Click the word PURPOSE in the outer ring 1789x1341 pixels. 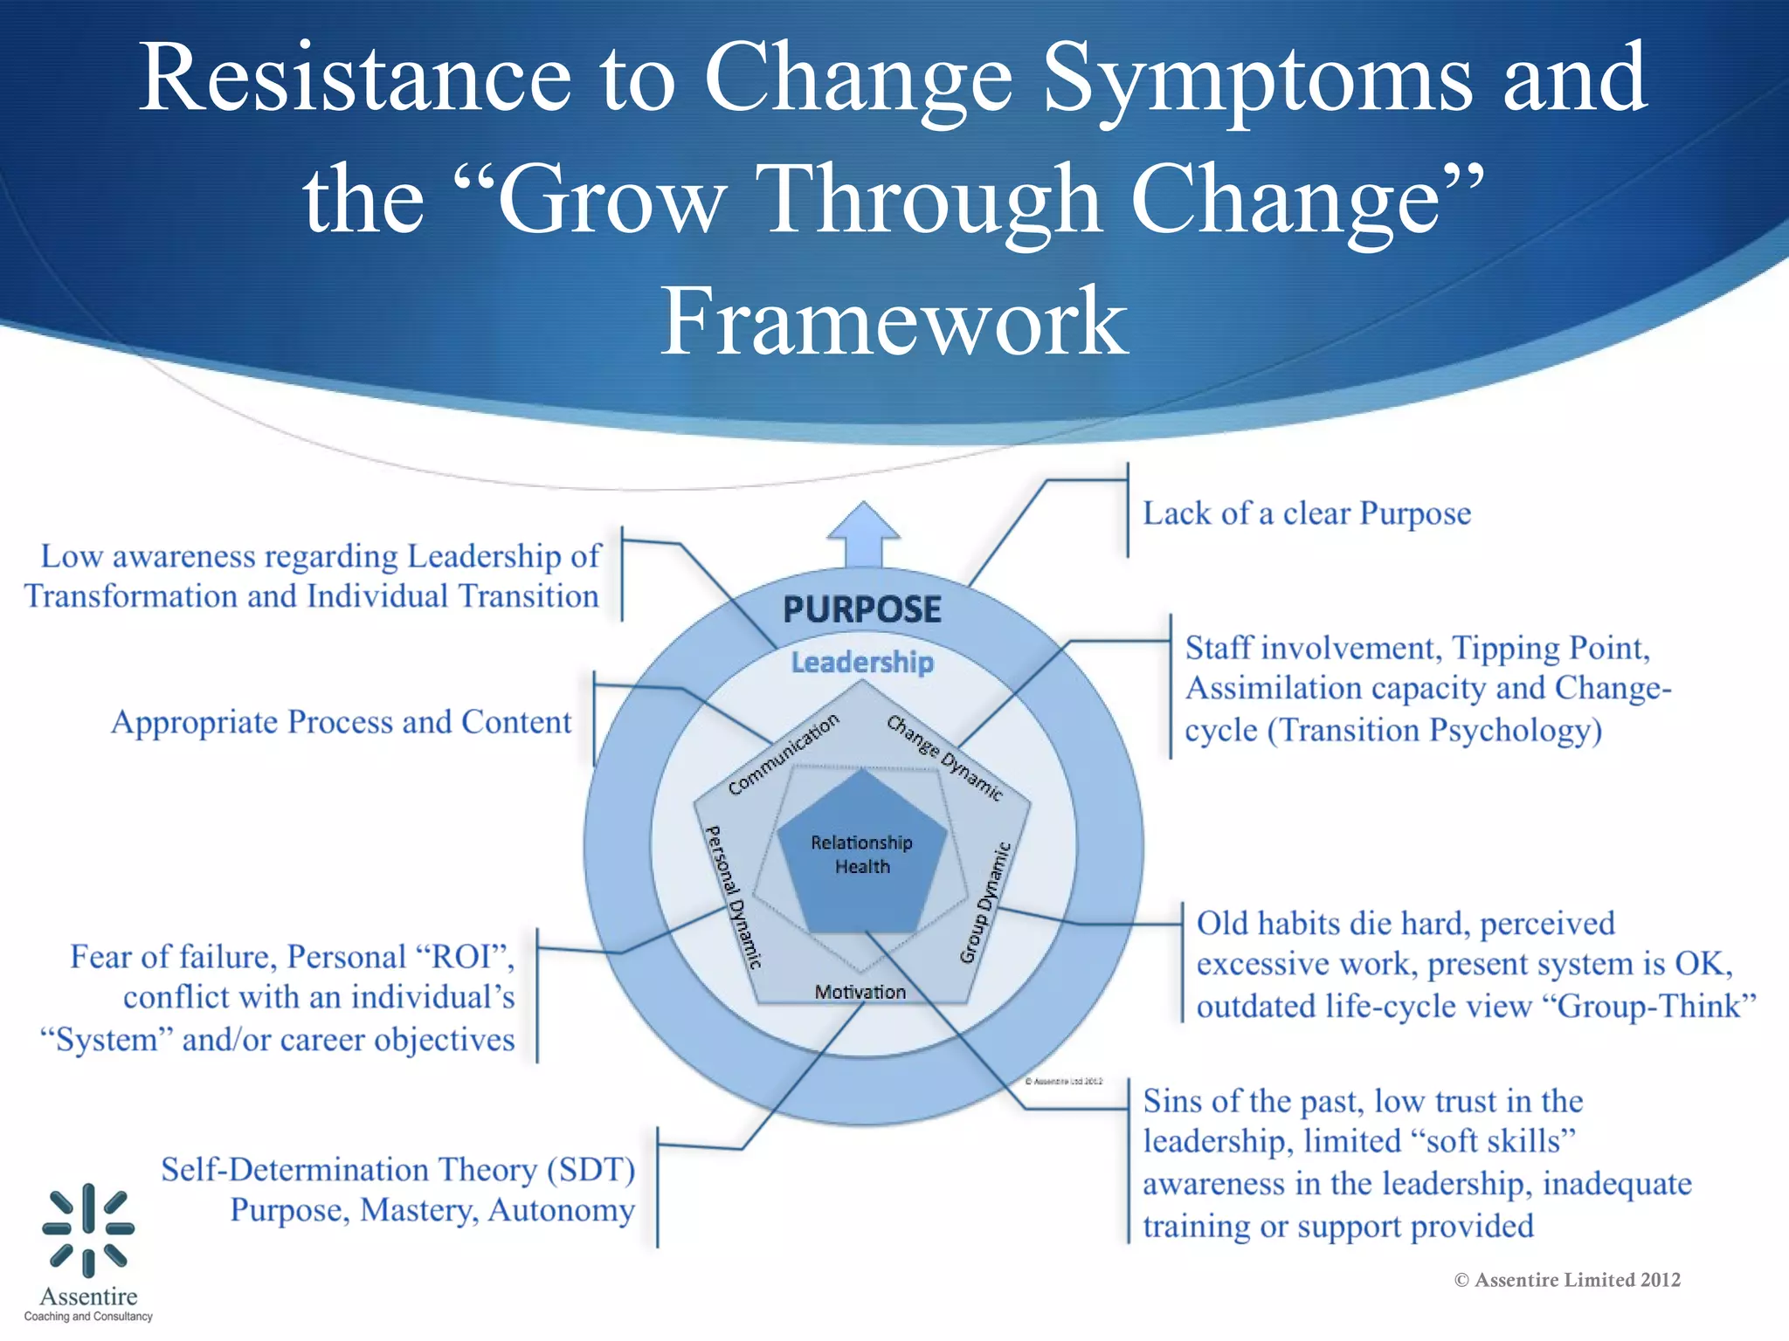point(861,609)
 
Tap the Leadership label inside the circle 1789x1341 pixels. point(862,663)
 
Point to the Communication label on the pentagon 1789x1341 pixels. point(784,754)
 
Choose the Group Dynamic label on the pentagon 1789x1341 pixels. point(985,903)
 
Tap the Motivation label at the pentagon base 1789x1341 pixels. point(860,992)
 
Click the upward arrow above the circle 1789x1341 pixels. point(863,532)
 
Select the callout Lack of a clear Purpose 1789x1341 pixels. point(1306,513)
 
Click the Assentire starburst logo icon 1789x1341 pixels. point(88,1228)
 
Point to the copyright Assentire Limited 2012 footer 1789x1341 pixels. point(1567,1280)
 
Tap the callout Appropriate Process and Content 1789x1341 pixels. point(341,722)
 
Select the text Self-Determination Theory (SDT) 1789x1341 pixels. point(397,1169)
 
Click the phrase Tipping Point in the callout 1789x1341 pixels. point(1551,648)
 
